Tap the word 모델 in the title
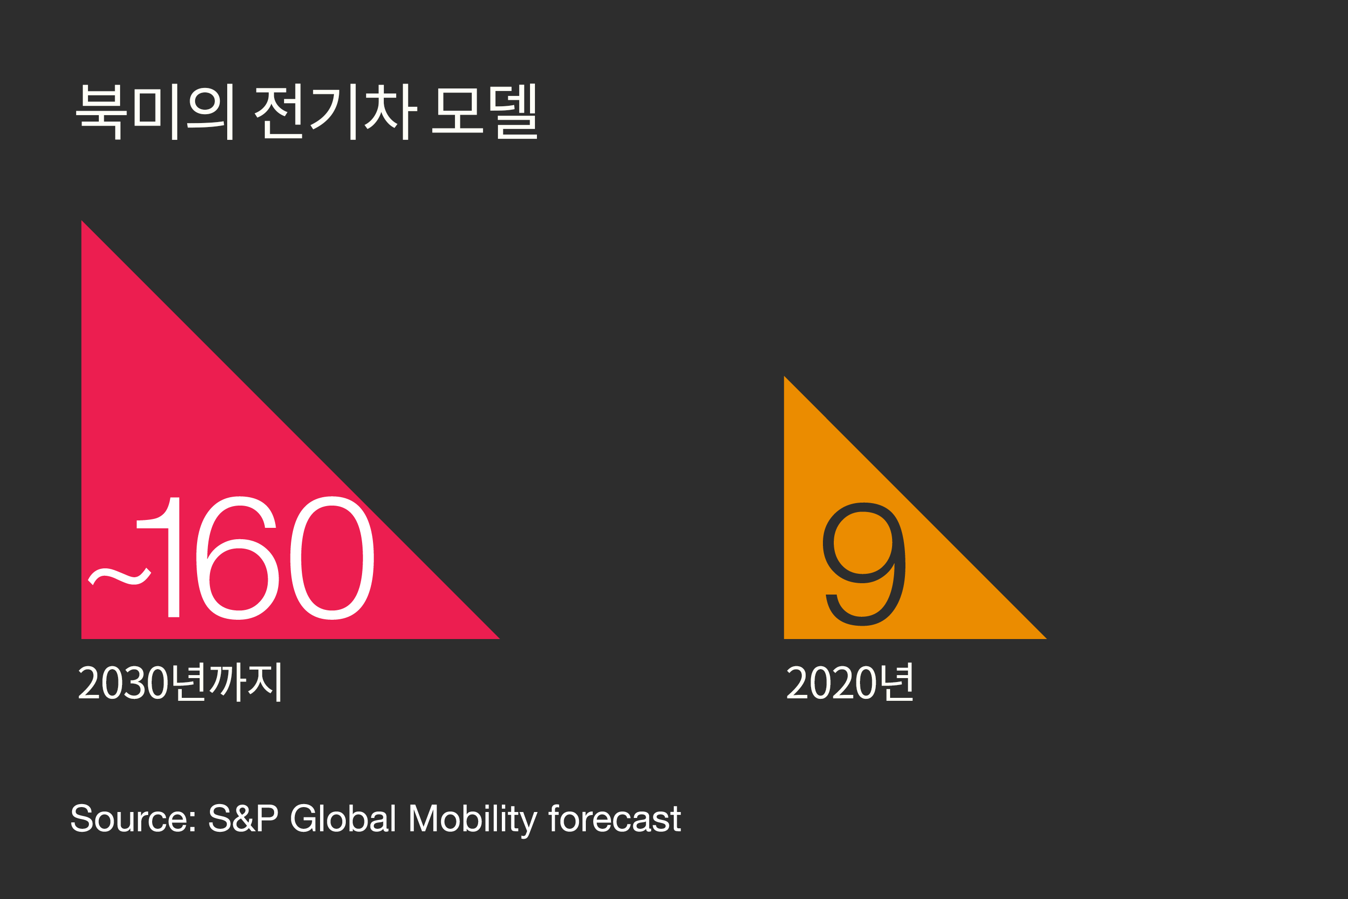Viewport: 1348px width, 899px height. pyautogui.click(x=485, y=112)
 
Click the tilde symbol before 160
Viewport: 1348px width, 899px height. pyautogui.click(x=119, y=577)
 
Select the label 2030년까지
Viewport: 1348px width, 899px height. pyautogui.click(x=180, y=682)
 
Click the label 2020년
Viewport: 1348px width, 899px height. pyautogui.click(x=850, y=682)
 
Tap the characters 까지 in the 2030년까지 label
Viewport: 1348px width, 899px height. pyautogui.click(x=245, y=682)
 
